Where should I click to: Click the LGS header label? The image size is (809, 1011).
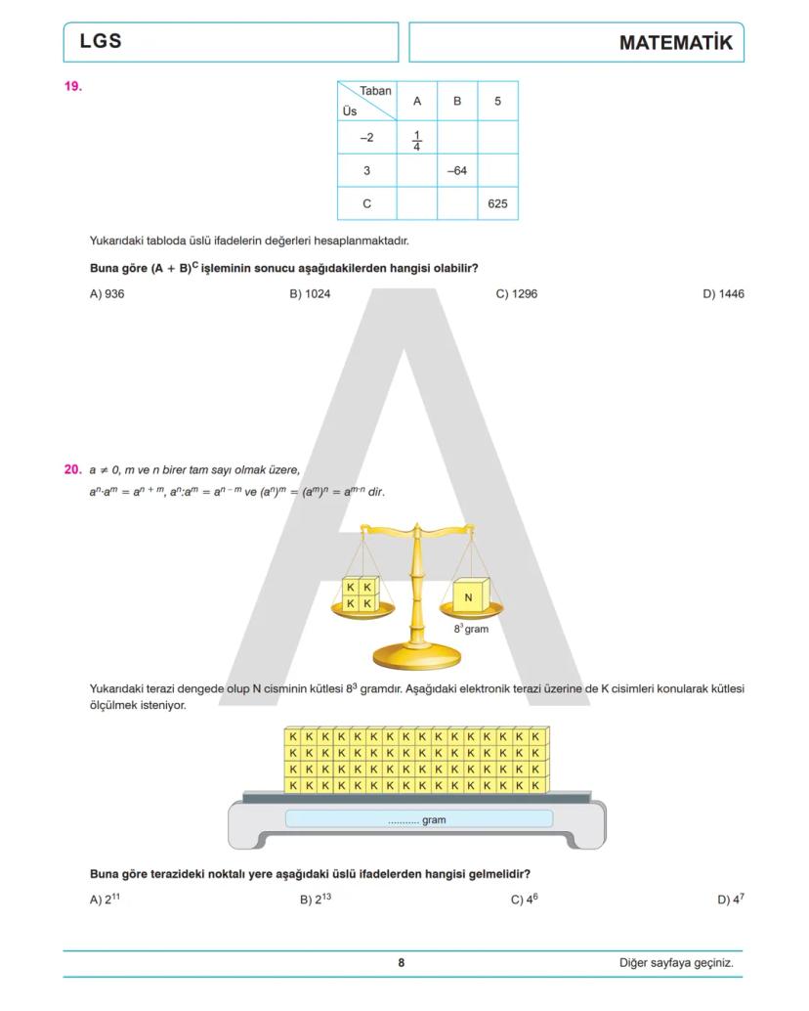tap(101, 42)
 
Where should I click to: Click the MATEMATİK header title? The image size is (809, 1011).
tap(675, 43)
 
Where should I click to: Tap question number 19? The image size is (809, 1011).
tap(73, 87)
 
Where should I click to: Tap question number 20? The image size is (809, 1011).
tap(73, 469)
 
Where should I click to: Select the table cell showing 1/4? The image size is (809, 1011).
tap(417, 139)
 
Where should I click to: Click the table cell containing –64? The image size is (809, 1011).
tap(456, 171)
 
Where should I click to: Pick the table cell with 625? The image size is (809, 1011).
tap(497, 204)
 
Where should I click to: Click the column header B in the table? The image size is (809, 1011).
tap(456, 102)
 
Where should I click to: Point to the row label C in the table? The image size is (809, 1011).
tap(366, 204)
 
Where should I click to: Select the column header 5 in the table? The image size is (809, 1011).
tap(497, 102)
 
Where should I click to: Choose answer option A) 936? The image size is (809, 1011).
tap(106, 294)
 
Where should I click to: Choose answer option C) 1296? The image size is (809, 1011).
tap(516, 294)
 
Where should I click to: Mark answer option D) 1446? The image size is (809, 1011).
tap(723, 294)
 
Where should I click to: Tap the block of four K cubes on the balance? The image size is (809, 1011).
tap(359, 594)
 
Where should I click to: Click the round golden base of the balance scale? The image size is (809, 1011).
tap(418, 655)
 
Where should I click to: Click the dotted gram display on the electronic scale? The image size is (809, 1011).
tap(418, 819)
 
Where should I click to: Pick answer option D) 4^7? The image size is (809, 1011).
tap(730, 900)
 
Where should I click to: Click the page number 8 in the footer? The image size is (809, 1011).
tap(401, 963)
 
